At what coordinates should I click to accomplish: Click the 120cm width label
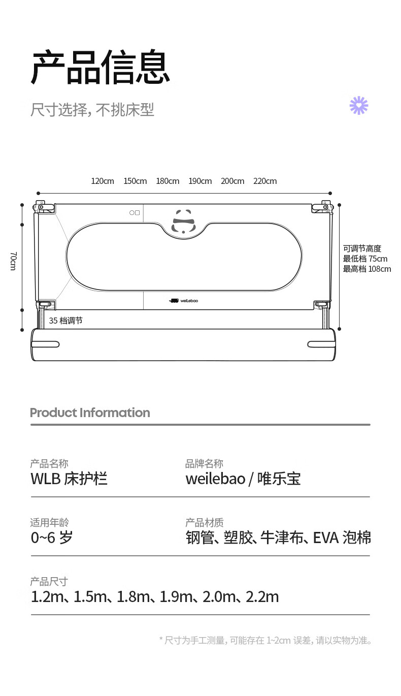[x=103, y=181]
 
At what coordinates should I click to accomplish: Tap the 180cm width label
[x=168, y=181]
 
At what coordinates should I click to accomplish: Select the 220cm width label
[x=265, y=181]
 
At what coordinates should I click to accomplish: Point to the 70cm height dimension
[x=13, y=261]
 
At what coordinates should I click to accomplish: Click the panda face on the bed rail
[x=183, y=222]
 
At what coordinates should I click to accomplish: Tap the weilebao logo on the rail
[x=183, y=300]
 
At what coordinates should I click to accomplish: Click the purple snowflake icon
[x=359, y=106]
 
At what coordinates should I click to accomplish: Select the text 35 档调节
[x=65, y=321]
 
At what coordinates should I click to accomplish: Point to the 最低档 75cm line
[x=365, y=259]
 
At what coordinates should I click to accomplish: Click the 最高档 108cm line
[x=367, y=269]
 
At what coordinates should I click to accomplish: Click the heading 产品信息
[x=101, y=67]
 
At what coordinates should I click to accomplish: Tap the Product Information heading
[x=90, y=413]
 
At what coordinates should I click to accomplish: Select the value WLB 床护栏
[x=69, y=479]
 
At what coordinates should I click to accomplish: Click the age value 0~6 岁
[x=52, y=537]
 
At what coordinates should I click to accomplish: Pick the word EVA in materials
[x=325, y=538]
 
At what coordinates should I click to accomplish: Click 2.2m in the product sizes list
[x=262, y=597]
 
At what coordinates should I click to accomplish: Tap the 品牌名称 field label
[x=204, y=464]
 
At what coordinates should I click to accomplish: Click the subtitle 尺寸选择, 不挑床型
[x=92, y=110]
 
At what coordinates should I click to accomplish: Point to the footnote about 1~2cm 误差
[x=265, y=641]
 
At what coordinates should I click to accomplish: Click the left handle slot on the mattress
[x=45, y=344]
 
